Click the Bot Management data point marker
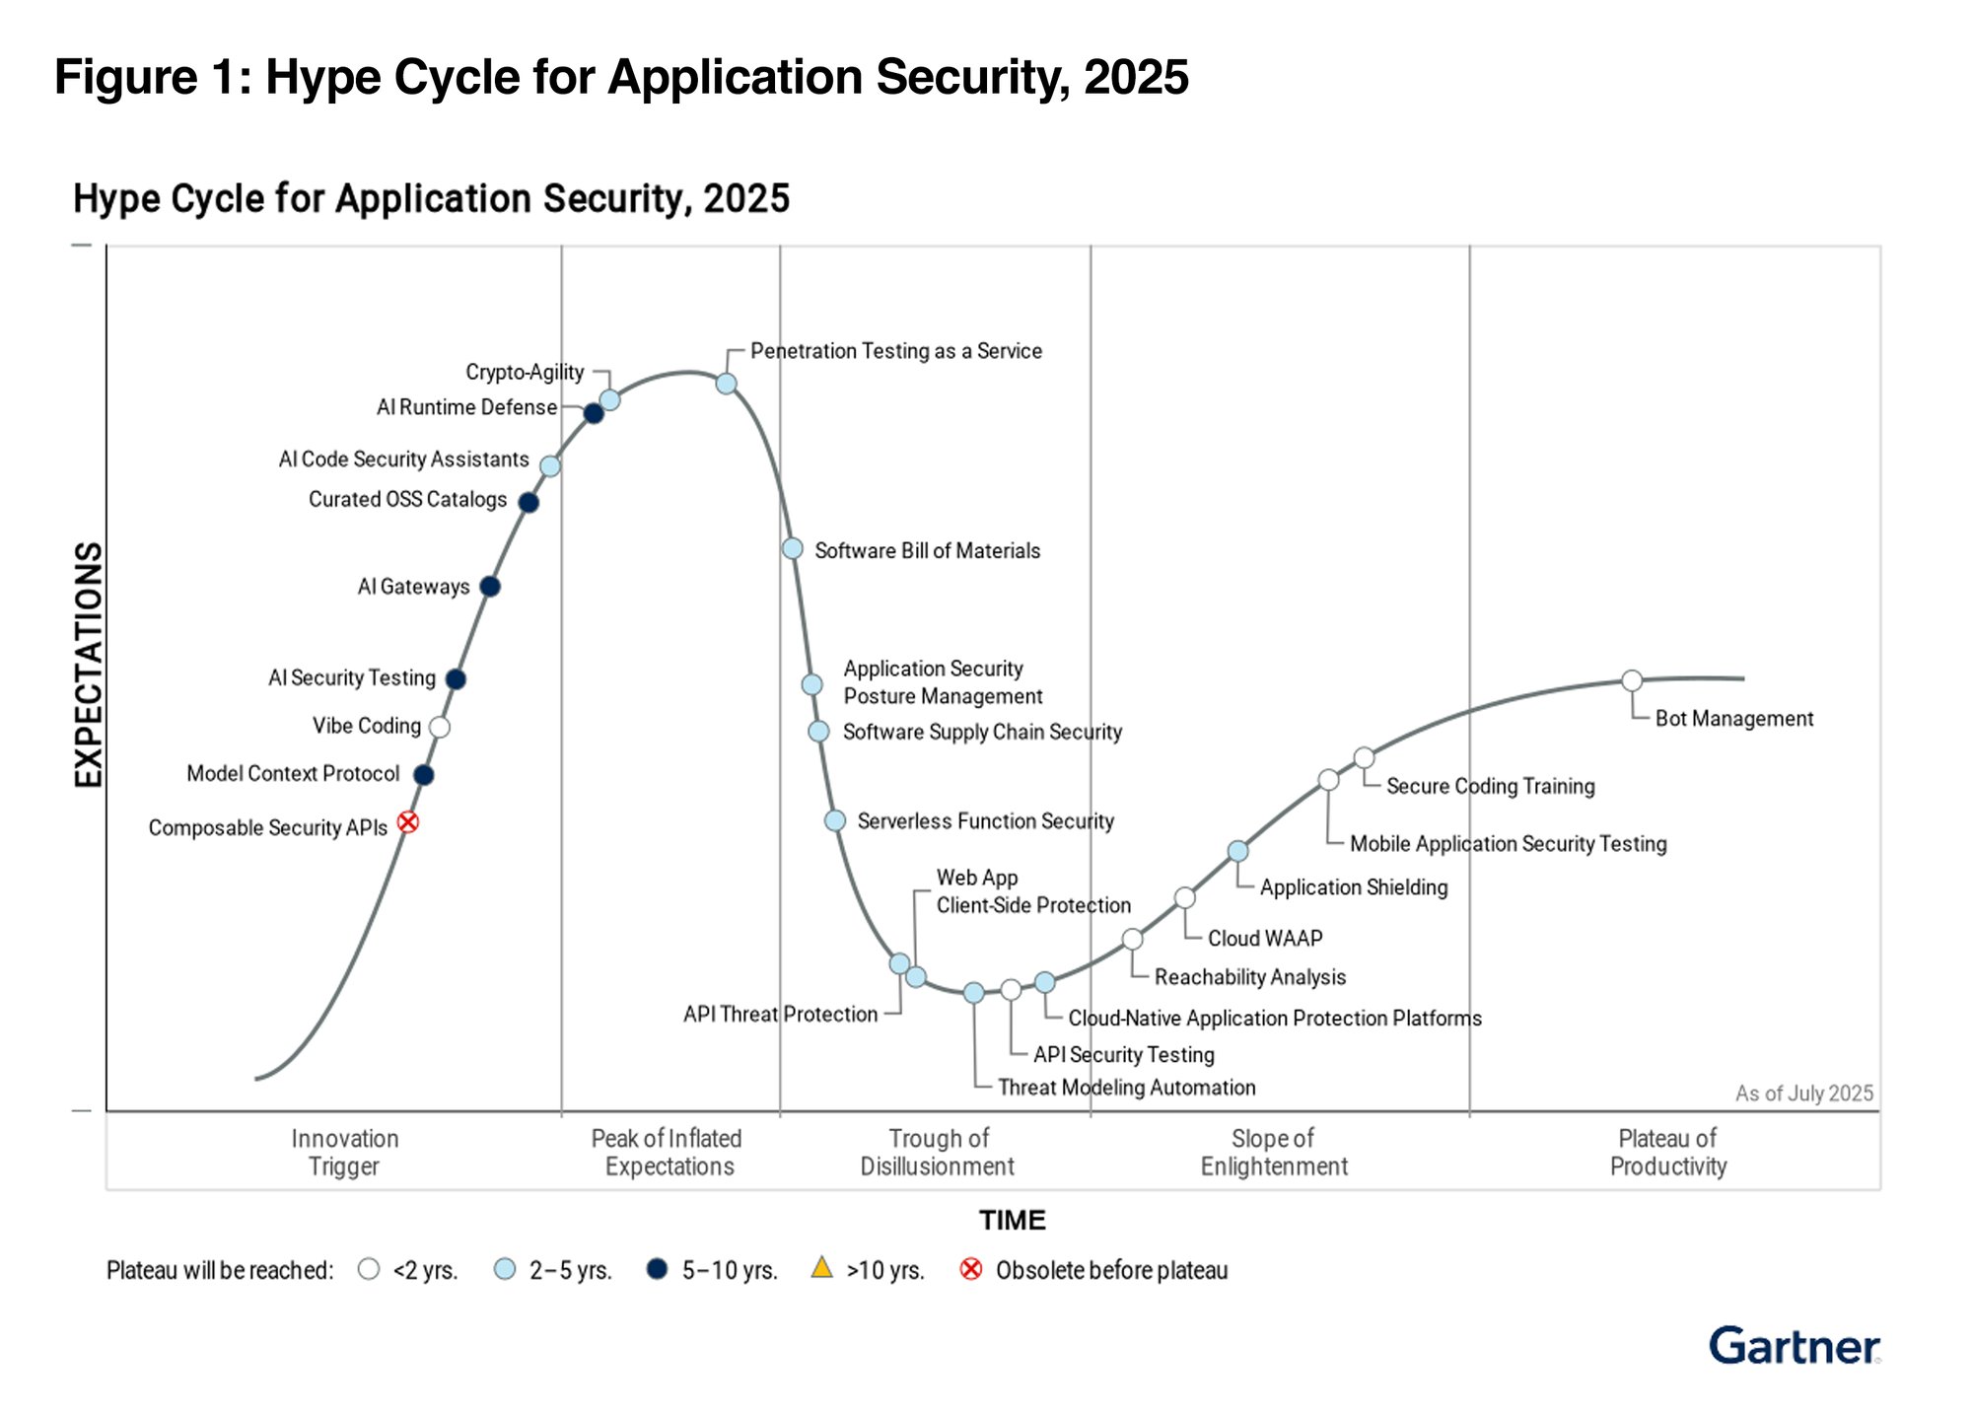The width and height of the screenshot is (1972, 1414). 1632,680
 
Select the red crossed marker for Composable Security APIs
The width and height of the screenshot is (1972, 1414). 408,822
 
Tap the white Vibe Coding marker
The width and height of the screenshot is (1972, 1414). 440,727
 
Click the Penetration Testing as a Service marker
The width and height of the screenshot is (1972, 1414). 727,384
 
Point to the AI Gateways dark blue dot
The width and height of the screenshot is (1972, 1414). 490,587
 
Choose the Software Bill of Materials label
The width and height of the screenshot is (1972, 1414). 927,550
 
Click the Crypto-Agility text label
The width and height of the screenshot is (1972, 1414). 525,372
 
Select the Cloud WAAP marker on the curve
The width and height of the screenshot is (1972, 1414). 1185,897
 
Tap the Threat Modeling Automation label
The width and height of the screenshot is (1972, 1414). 1126,1088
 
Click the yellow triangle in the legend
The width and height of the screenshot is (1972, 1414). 821,1267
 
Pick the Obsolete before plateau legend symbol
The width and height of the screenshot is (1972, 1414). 971,1269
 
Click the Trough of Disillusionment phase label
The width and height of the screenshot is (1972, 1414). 938,1153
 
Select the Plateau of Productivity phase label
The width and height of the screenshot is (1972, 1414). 1668,1153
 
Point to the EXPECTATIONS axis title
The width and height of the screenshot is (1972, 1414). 89,665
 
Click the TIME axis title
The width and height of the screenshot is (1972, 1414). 1012,1221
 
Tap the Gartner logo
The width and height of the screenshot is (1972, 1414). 1794,1346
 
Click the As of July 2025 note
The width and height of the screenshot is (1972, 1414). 1803,1094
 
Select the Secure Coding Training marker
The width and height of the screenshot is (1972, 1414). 1364,757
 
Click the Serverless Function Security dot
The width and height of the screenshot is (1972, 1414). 835,820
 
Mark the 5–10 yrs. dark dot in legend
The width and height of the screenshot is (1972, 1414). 657,1269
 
